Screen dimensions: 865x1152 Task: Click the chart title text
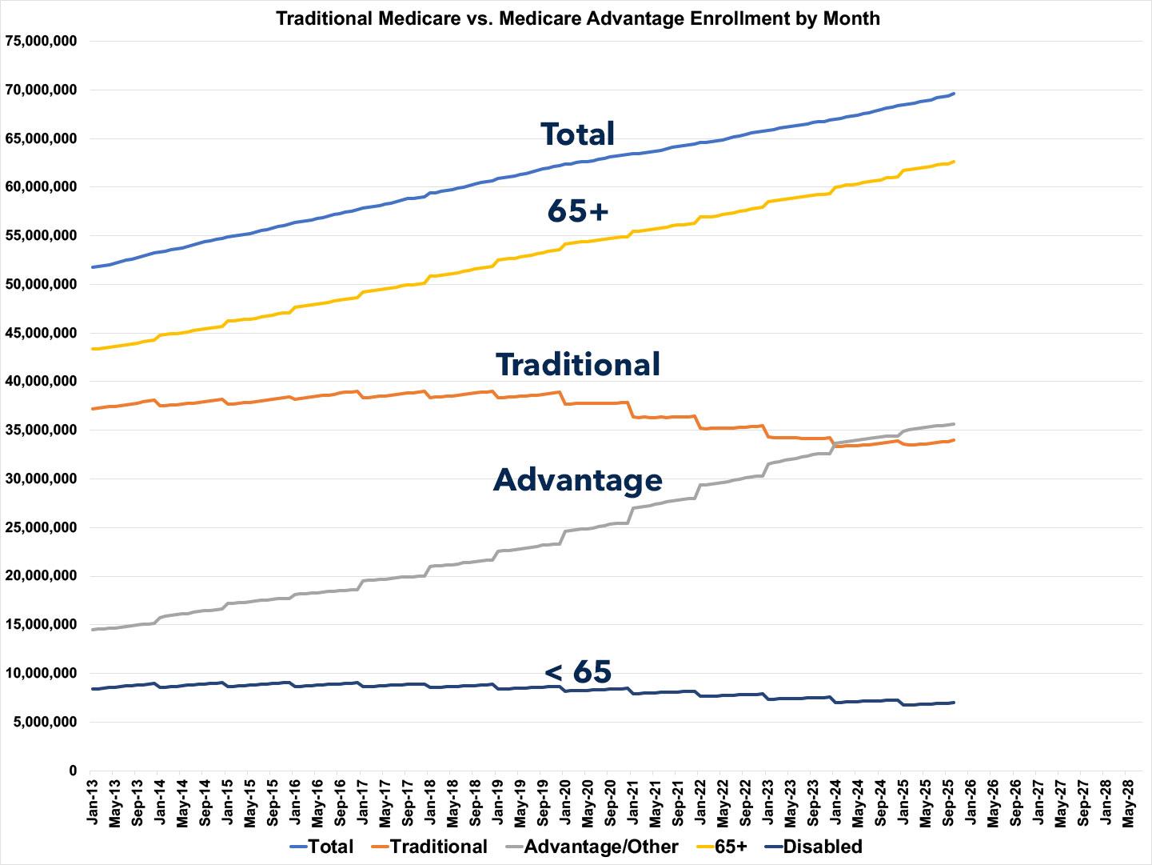[x=577, y=18]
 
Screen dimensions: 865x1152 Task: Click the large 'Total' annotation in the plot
[x=577, y=134]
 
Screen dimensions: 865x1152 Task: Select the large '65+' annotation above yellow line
[x=577, y=210]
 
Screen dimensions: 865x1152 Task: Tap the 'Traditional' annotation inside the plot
[x=577, y=364]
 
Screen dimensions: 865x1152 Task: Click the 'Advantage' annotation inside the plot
[x=577, y=479]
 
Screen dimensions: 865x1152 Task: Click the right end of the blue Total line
[x=954, y=94]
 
